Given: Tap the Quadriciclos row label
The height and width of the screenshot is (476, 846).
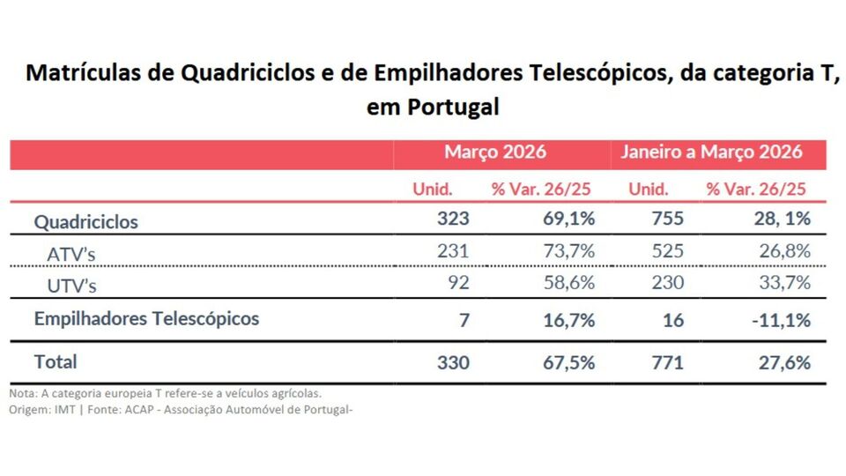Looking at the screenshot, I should [x=85, y=222].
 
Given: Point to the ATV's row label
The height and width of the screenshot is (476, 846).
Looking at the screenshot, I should [x=70, y=254].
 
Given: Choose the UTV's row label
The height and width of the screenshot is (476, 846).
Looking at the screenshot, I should [x=70, y=286].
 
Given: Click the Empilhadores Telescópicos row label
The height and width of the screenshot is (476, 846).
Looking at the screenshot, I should [x=146, y=319].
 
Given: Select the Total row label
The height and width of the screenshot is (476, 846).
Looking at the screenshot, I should [x=56, y=361].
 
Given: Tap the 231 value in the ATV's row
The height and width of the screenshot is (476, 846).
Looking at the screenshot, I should [x=453, y=251].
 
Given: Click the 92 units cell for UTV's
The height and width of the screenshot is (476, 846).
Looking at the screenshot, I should [x=459, y=283].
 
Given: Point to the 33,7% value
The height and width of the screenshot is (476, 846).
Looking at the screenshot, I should [x=784, y=283].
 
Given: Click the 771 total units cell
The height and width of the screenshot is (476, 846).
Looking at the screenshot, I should [x=667, y=362].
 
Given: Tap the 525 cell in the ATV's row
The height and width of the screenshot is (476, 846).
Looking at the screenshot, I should [x=667, y=251].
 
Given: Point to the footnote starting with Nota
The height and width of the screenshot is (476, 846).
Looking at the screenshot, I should [x=165, y=393].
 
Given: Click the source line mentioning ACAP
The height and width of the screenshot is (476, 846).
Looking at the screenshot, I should [x=181, y=409].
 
